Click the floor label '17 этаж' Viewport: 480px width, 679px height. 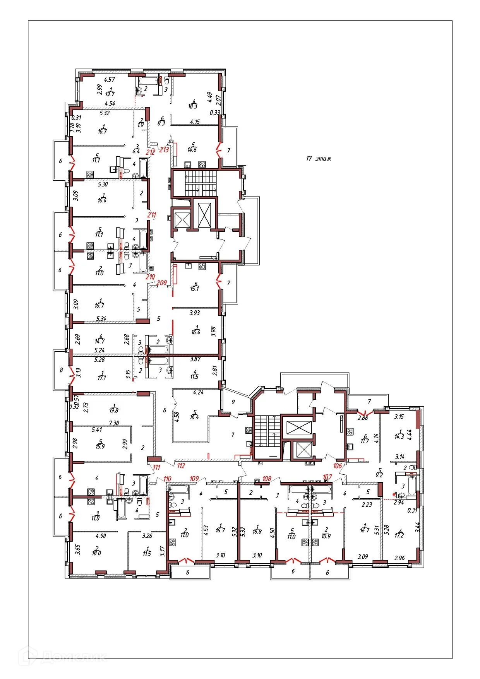(x=318, y=158)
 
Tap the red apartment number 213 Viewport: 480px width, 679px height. (x=164, y=150)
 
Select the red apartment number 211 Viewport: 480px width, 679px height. (x=151, y=215)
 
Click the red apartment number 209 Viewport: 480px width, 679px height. (x=161, y=283)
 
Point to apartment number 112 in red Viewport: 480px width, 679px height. (x=181, y=465)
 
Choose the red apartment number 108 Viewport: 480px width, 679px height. (x=267, y=479)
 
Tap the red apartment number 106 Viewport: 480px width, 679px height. (x=338, y=465)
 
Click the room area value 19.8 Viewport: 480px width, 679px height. (x=113, y=410)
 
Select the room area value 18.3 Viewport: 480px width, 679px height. (x=192, y=106)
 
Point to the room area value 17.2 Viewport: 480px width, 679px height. (x=399, y=535)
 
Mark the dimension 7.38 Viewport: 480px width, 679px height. (x=114, y=423)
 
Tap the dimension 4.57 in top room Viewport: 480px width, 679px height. (x=110, y=79)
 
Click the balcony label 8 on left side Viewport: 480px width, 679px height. (x=61, y=370)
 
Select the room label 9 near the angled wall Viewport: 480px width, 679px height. (x=233, y=402)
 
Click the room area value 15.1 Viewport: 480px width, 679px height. (x=194, y=288)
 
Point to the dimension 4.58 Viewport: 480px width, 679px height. (x=177, y=416)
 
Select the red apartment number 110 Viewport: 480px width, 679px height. (x=167, y=479)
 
